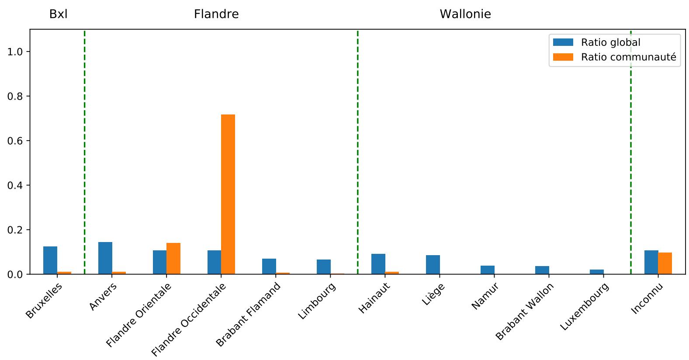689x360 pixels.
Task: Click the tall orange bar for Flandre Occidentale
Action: pyautogui.click(x=228, y=194)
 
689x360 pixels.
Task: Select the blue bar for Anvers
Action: pyautogui.click(x=105, y=258)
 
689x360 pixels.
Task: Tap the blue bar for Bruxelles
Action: pyautogui.click(x=50, y=260)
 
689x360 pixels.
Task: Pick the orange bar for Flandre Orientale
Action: pyautogui.click(x=173, y=259)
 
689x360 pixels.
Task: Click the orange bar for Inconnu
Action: pyautogui.click(x=665, y=263)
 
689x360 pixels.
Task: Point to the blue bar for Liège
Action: pyautogui.click(x=433, y=265)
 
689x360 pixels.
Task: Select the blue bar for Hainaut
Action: pyautogui.click(x=378, y=264)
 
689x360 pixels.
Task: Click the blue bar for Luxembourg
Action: pyautogui.click(x=596, y=272)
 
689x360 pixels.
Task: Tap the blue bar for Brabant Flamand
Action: pyautogui.click(x=269, y=267)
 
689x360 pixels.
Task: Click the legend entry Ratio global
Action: pyautogui.click(x=610, y=42)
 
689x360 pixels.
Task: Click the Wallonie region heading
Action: pyautogui.click(x=465, y=14)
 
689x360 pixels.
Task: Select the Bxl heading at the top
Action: pyautogui.click(x=58, y=14)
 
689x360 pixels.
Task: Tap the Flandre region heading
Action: pyautogui.click(x=216, y=14)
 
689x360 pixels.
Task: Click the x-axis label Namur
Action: pyautogui.click(x=485, y=297)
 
